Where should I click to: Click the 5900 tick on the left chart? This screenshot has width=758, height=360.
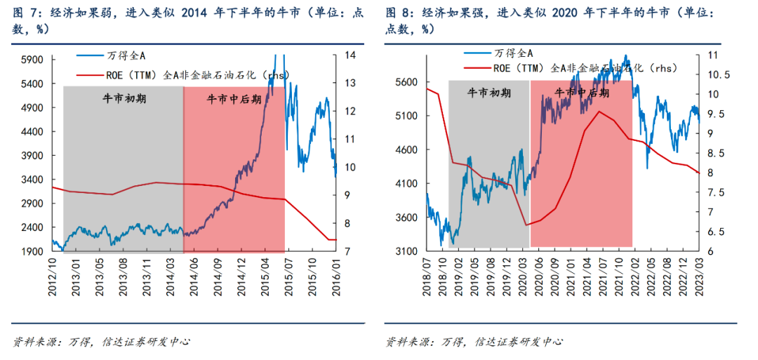pos(30,60)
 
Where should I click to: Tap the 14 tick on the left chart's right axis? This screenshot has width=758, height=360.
pos(349,55)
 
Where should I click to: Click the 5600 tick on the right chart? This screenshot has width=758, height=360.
pos(407,82)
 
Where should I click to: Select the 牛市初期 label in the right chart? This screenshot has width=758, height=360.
pos(489,93)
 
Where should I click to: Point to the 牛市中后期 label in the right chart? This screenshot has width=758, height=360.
pos(582,93)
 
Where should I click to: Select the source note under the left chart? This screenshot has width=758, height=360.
pos(102,342)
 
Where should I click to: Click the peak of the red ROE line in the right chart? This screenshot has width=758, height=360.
pos(599,111)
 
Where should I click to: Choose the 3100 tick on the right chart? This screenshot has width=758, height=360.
pos(407,251)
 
